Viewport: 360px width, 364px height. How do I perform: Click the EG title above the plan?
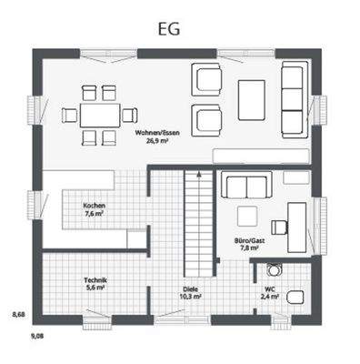coord(167,28)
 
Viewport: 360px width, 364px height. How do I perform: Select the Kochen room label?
coord(93,205)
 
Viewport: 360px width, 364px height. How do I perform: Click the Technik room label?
coord(96,280)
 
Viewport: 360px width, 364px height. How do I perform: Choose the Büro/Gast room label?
coord(249,240)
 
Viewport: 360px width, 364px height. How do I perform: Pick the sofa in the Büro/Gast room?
coord(246,186)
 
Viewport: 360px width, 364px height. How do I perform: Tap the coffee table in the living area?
coord(252,96)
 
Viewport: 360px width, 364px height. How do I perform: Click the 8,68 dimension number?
coord(18,315)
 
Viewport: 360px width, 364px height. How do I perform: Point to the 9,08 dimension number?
coord(38,337)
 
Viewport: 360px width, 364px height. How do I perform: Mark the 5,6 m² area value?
coord(96,288)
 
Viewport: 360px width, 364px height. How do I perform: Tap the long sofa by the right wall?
coord(293,98)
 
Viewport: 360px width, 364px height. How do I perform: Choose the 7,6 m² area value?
coord(93,213)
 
